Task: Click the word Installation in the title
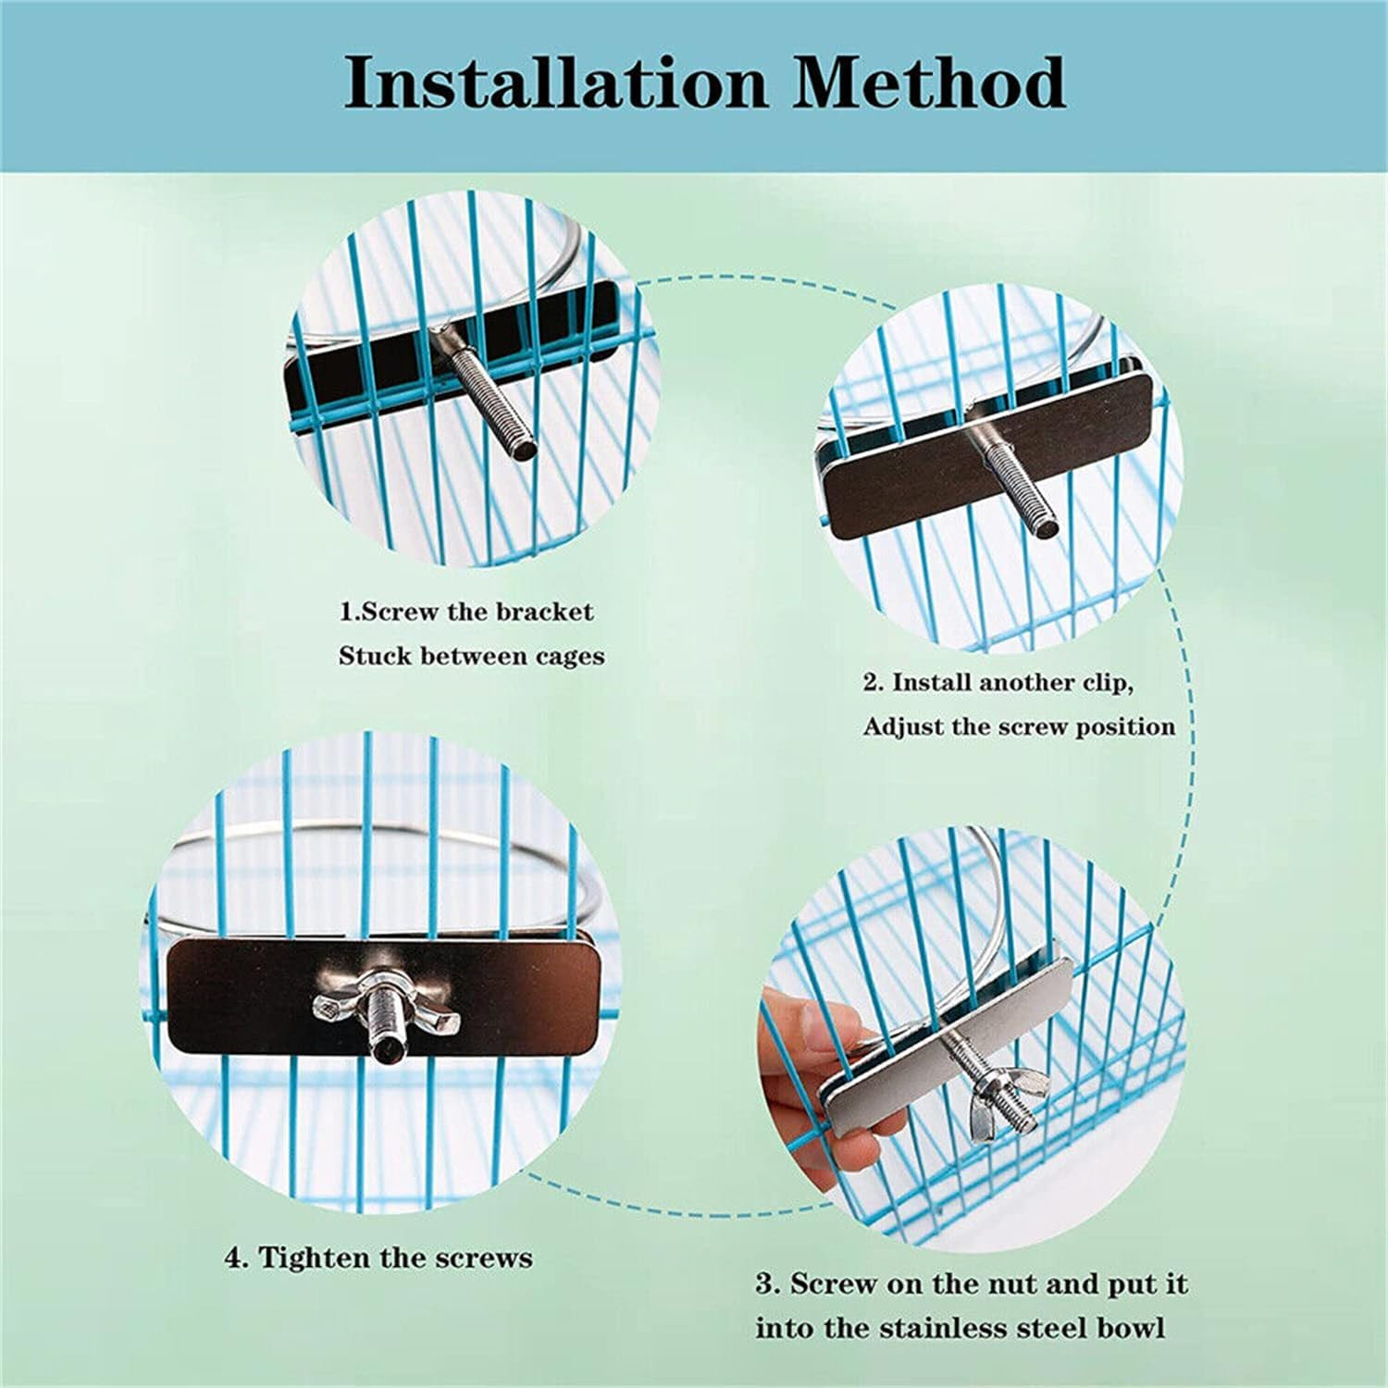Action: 556,83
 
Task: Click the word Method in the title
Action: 929,83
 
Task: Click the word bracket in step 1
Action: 545,612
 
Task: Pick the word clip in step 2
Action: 1106,683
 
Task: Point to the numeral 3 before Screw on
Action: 766,1284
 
